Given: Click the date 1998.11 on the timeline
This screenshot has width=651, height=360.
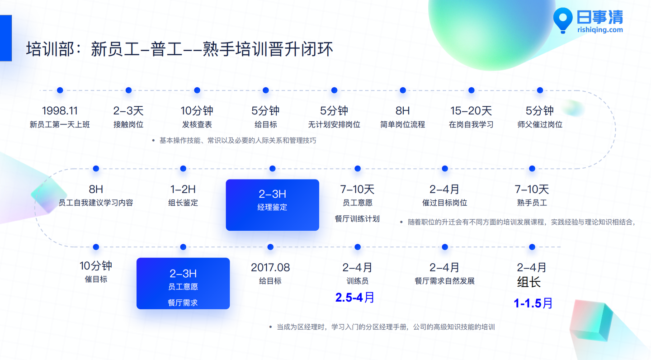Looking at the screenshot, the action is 60,111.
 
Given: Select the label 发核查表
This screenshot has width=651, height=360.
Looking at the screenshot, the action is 197,124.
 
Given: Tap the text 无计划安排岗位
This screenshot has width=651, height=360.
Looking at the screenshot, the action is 334,124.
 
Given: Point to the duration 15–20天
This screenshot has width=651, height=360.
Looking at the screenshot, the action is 471,111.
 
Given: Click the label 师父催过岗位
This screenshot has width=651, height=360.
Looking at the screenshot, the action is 540,124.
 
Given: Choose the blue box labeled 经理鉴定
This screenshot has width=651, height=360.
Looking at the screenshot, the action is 272,205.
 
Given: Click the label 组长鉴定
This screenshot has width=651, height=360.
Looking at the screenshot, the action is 183,203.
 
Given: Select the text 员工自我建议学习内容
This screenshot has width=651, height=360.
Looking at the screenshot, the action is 96,203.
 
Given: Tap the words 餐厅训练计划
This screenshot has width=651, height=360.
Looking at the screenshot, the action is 357,219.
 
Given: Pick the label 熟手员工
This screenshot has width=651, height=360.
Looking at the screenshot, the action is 532,203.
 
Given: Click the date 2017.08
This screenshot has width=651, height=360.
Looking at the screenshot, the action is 270,268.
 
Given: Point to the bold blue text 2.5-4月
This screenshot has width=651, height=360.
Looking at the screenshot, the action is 354,298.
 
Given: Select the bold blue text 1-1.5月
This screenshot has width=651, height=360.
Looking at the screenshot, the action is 533,303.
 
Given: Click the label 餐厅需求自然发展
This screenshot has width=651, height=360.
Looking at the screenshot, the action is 445,281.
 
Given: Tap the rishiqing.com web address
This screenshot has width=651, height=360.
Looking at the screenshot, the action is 600,30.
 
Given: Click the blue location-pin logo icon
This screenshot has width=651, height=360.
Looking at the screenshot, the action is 563,20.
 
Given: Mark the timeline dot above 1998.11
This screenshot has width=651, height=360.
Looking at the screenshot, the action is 60,90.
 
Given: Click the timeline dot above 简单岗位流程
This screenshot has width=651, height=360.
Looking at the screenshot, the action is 403,90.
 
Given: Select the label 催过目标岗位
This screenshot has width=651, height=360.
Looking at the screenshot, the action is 445,203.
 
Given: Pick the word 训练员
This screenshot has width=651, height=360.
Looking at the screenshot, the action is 358,281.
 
